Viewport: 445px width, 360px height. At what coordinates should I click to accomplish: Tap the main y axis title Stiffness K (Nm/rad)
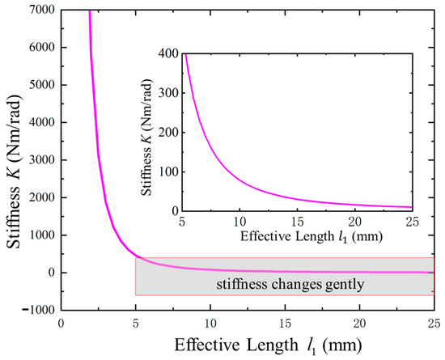(14, 158)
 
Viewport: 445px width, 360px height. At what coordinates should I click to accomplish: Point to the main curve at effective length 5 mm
(135, 256)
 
